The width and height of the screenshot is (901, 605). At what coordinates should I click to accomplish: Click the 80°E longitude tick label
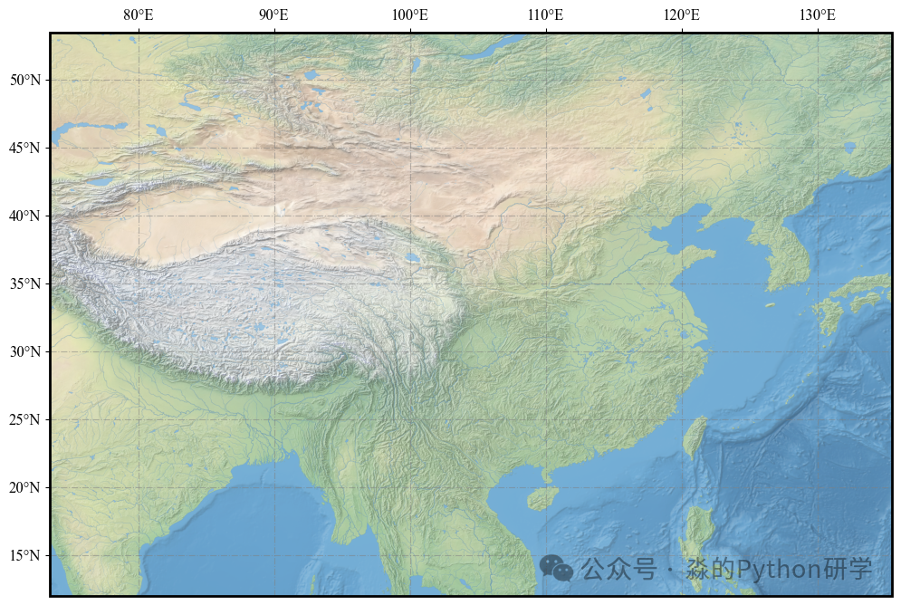tap(138, 15)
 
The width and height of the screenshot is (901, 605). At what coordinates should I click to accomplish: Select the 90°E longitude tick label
tap(273, 15)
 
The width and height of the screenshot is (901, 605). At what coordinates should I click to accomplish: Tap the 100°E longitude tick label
tap(409, 15)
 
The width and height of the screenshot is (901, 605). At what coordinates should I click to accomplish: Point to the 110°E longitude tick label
tap(545, 15)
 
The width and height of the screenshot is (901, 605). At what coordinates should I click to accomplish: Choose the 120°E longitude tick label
tap(681, 15)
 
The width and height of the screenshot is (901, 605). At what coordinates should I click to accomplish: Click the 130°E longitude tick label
tap(817, 15)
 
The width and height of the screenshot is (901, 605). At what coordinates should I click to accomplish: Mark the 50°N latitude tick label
tap(25, 81)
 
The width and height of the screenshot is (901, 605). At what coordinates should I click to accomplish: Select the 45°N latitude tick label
tap(25, 149)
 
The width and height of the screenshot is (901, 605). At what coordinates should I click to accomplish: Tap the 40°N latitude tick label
tap(25, 216)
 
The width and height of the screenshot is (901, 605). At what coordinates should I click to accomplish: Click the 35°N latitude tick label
tap(25, 284)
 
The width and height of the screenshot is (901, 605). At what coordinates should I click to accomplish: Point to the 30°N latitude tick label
tap(25, 352)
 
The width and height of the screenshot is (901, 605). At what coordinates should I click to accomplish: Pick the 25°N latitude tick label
tap(25, 420)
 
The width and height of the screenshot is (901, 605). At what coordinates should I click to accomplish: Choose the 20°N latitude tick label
tap(25, 488)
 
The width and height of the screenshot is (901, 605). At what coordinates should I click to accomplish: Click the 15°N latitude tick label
tap(25, 556)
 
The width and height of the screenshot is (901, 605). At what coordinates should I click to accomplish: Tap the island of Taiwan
tap(694, 437)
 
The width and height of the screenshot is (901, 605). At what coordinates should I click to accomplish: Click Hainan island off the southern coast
tap(542, 497)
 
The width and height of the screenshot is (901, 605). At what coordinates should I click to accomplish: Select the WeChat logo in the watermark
tap(556, 568)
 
